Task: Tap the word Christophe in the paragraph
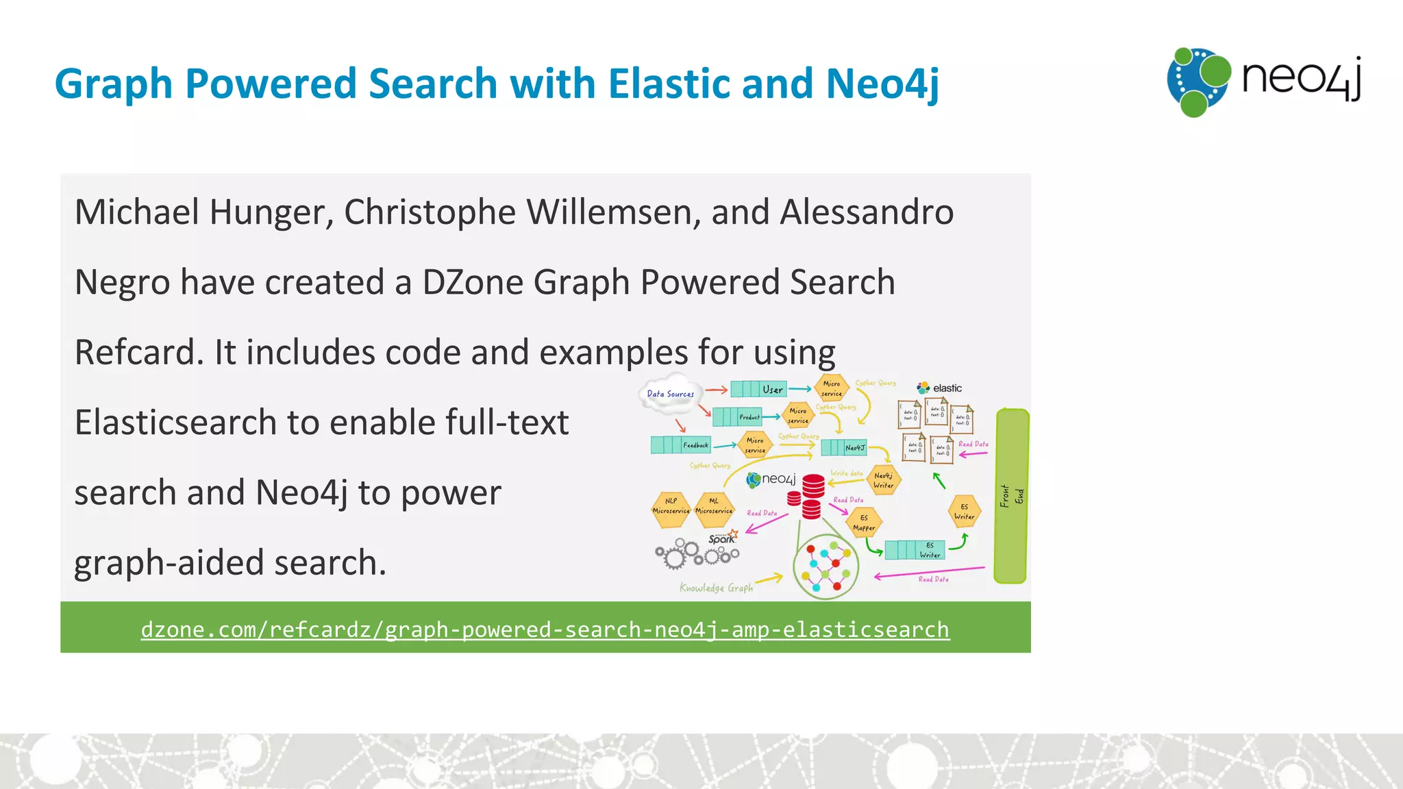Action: click(x=429, y=212)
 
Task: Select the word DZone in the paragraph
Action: click(x=472, y=283)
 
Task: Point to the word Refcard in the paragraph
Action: click(x=138, y=353)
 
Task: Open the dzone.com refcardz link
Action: click(x=545, y=629)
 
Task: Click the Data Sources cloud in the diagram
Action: click(x=669, y=394)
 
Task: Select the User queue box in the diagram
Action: click(x=758, y=390)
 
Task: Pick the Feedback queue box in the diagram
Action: click(x=681, y=445)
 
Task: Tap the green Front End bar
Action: click(x=1011, y=496)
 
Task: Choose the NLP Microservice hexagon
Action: click(x=671, y=510)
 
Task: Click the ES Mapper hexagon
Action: click(x=864, y=523)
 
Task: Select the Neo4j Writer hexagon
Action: click(x=883, y=480)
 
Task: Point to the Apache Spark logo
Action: click(x=722, y=538)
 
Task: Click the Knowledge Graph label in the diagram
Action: click(x=716, y=588)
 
